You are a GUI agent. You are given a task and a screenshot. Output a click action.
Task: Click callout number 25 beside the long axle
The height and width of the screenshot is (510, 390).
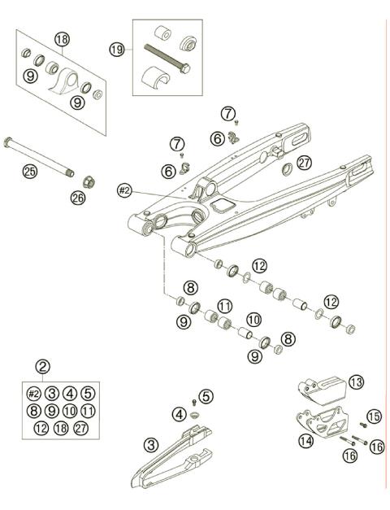click(x=30, y=171)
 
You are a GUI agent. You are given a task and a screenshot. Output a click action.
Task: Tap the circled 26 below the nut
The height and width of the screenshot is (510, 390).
click(x=78, y=197)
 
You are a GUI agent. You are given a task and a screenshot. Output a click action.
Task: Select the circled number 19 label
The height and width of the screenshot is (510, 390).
click(x=117, y=50)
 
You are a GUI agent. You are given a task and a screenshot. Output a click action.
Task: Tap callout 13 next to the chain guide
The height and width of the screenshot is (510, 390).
click(x=355, y=381)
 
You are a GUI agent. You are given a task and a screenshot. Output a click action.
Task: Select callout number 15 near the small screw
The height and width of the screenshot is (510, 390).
click(x=374, y=416)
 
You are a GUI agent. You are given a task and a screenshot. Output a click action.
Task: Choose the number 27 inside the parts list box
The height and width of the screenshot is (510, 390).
click(x=87, y=427)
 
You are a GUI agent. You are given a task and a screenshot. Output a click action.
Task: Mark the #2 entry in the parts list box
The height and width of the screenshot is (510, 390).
click(x=34, y=393)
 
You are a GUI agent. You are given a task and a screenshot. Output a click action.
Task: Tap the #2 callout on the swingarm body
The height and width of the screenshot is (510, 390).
click(x=124, y=190)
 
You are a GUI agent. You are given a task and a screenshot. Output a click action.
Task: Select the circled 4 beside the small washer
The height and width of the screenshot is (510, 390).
click(x=179, y=414)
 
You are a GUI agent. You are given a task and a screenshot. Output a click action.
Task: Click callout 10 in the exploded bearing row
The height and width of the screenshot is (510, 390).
click(x=253, y=320)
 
